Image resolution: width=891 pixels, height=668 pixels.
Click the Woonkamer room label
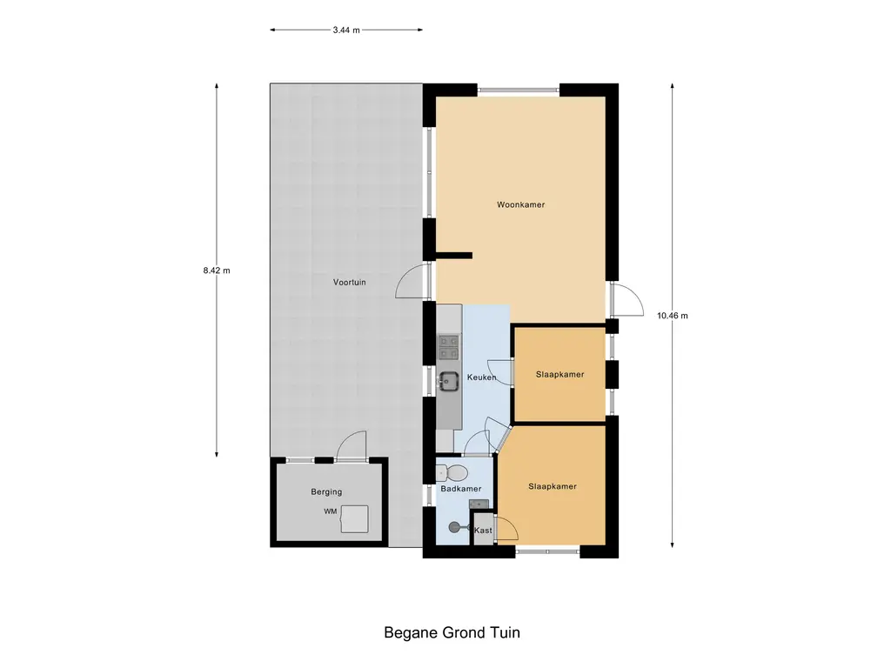[520, 204]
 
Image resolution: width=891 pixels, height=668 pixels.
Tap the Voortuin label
[350, 282]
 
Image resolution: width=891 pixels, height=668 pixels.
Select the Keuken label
[481, 377]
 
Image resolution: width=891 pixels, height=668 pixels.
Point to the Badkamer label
[461, 489]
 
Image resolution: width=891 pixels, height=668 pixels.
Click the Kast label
[483, 531]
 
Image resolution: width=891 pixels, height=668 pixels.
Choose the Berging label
[326, 492]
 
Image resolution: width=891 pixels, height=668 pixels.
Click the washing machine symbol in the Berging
[354, 519]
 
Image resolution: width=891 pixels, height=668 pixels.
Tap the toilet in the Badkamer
[452, 472]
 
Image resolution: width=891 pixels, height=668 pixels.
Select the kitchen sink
[449, 381]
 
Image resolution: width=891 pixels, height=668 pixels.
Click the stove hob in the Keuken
[449, 347]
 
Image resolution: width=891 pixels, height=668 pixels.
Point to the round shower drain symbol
[454, 528]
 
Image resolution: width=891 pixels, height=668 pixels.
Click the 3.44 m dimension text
[346, 30]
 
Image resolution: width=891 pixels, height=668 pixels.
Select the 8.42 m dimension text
[217, 271]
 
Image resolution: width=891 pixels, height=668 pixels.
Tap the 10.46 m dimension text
[673, 316]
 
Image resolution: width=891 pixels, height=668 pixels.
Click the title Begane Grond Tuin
[452, 633]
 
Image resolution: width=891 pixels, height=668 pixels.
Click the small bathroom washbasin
[479, 504]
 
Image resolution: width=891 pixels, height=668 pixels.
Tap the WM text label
[330, 511]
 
